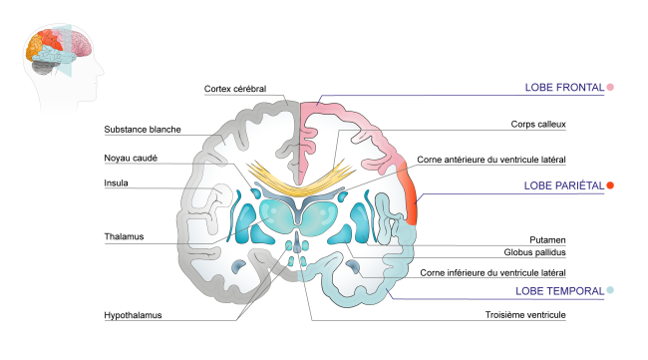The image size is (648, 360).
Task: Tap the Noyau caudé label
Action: [134, 158]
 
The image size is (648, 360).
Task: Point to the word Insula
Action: [117, 183]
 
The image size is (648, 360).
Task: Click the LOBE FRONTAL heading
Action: [563, 88]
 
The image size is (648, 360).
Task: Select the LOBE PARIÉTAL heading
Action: [563, 186]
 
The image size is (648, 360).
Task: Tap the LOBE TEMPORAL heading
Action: [560, 291]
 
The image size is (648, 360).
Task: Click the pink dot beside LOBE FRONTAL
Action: [610, 88]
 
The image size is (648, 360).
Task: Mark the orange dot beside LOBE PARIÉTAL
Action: [610, 186]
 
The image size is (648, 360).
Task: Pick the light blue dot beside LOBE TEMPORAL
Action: [610, 291]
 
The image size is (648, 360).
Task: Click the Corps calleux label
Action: [536, 126]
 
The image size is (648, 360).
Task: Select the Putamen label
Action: [545, 240]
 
